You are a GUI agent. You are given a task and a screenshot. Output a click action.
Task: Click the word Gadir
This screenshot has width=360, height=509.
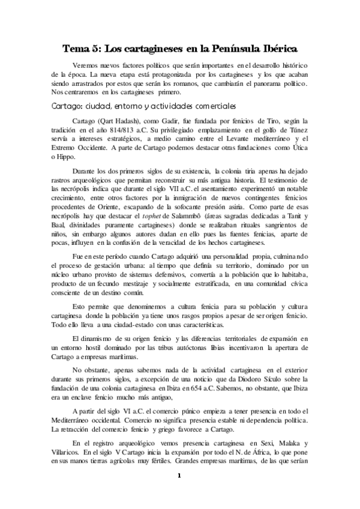pyautogui.click(x=172, y=120)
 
